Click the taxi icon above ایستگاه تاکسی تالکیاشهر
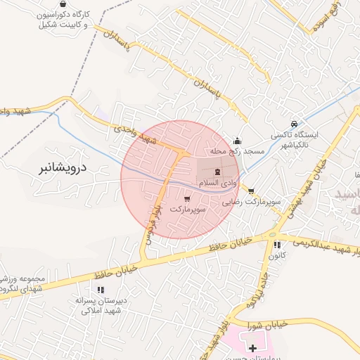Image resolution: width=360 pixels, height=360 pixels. (x=294, y=123)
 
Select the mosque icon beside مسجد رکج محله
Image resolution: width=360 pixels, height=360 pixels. (x=237, y=140)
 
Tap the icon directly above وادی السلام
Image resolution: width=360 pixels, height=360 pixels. (x=217, y=171)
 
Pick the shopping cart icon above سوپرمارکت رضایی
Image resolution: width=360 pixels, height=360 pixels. (x=251, y=191)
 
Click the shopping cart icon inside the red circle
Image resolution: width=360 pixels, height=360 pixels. (x=186, y=199)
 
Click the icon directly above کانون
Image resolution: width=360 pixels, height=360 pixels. (x=277, y=245)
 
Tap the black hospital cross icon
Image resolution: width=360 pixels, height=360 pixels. (x=253, y=348)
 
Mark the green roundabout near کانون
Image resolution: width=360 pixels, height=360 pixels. (x=273, y=234)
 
